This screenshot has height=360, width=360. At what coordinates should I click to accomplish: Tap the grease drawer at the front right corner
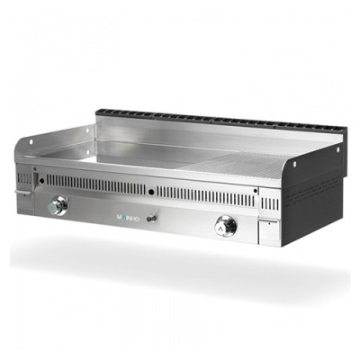click(x=266, y=229)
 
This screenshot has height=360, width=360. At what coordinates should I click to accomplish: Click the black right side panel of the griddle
click(x=315, y=189)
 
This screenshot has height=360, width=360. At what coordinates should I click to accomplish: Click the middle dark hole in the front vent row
click(x=154, y=187)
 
